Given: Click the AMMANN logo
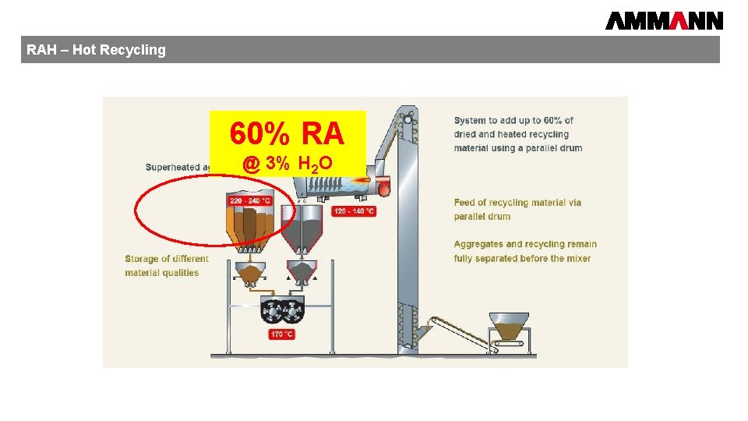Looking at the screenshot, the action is (664, 20).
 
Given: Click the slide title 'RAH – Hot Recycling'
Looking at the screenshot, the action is (96, 50).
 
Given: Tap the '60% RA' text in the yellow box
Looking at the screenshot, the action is (287, 134).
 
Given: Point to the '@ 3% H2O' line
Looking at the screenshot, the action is (288, 164).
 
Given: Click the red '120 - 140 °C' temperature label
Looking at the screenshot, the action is (354, 211).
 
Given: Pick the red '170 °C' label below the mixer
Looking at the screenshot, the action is (281, 334).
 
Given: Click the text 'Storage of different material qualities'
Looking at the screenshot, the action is (166, 266).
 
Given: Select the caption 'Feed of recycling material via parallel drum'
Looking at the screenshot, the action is (517, 209).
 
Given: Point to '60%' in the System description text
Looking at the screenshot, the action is (553, 120).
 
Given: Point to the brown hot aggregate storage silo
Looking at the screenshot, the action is (249, 222).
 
